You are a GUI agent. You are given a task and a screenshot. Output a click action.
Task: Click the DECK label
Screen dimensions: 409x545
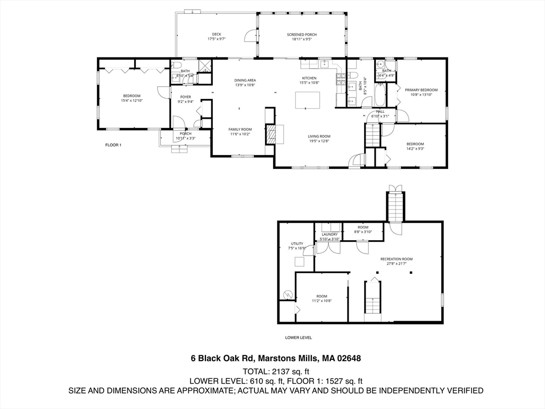tap(216, 34)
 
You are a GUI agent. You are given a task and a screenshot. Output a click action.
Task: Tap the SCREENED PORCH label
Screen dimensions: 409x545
tap(302, 34)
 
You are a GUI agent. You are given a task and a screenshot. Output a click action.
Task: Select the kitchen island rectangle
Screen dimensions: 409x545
tap(308, 100)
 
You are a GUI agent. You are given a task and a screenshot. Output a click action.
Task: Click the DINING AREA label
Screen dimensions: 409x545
tap(245, 80)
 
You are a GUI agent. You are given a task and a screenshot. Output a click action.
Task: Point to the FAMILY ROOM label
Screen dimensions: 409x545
tap(240, 129)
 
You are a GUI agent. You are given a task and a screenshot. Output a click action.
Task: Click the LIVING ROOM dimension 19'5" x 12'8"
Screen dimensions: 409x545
tap(319, 141)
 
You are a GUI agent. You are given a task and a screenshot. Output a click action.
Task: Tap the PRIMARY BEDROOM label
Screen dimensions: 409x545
tap(421, 90)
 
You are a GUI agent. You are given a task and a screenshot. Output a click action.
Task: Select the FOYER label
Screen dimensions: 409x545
tap(185, 97)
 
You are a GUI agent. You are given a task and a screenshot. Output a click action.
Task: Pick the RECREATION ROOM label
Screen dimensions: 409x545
tap(396, 259)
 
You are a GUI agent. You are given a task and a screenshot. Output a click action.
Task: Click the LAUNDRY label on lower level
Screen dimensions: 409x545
tap(329, 234)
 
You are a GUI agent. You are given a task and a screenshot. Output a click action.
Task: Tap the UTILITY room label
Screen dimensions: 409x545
tap(296, 243)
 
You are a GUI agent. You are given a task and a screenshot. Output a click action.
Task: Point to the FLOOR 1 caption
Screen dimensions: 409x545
tap(113, 145)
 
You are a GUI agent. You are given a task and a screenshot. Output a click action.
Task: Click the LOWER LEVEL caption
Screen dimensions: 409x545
tap(298, 338)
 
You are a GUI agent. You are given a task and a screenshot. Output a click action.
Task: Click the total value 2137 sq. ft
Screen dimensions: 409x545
tap(291, 371)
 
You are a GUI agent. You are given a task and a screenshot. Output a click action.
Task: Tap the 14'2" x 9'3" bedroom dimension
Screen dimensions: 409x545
tap(415, 149)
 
